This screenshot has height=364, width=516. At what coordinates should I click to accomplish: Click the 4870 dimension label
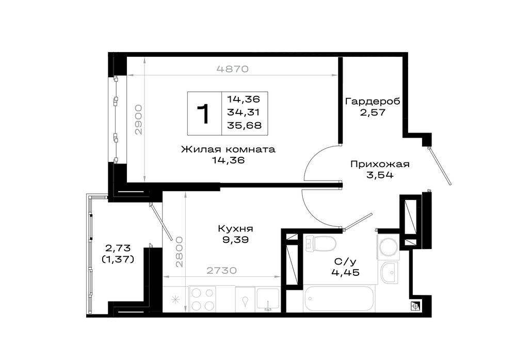pos(232,69)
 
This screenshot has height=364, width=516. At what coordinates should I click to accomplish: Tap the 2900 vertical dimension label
pos(138,120)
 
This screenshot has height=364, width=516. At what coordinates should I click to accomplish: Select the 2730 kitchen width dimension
pos(221,270)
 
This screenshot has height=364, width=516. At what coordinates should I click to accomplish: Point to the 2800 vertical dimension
pos(179,252)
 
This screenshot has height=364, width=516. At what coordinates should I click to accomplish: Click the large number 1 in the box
pos(204,114)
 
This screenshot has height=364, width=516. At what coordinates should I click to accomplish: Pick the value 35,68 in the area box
pos(244,125)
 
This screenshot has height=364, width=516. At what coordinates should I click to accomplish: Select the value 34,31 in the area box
pos(244,112)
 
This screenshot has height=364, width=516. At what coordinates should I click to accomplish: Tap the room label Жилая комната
pos(228,150)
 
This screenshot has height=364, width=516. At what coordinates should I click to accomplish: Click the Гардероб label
pos(373,101)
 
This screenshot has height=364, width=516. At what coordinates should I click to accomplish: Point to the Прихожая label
pos(380,164)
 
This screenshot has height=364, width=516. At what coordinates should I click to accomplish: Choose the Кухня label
pos(235,228)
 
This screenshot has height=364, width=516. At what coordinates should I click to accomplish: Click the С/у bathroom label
pos(345,262)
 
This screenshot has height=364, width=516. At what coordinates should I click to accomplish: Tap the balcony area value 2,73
pos(118,247)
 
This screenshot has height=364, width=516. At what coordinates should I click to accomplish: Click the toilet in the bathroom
pos(320,244)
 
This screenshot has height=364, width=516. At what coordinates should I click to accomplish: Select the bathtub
pos(339,299)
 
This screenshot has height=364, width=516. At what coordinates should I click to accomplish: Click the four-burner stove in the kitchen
pos(202,299)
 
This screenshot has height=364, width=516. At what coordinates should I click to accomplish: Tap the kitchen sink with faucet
pos(268,300)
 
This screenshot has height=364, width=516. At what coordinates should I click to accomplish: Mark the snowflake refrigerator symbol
pos(175,300)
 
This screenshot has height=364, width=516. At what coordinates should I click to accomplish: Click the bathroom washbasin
pos(389,273)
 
